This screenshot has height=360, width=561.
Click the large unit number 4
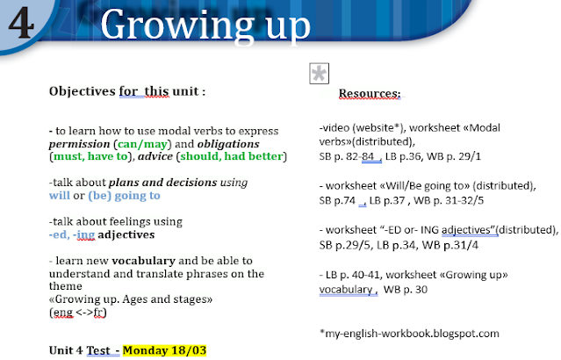click(21, 22)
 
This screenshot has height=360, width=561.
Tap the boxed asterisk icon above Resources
click(320, 74)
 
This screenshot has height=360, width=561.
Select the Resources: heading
click(370, 93)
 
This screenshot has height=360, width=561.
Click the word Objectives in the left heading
click(83, 91)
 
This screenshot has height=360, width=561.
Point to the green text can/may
click(142, 144)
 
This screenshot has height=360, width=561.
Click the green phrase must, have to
click(90, 156)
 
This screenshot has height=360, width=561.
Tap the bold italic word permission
click(79, 144)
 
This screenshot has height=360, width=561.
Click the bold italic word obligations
click(228, 144)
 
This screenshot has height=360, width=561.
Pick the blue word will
click(60, 196)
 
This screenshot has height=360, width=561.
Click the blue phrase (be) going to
click(124, 196)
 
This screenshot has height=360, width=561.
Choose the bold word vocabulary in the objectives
click(143, 261)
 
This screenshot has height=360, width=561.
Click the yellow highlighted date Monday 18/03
click(164, 350)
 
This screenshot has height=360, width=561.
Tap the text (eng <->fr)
click(78, 313)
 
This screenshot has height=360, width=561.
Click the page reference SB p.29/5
click(345, 245)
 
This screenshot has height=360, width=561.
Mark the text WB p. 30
click(406, 290)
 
